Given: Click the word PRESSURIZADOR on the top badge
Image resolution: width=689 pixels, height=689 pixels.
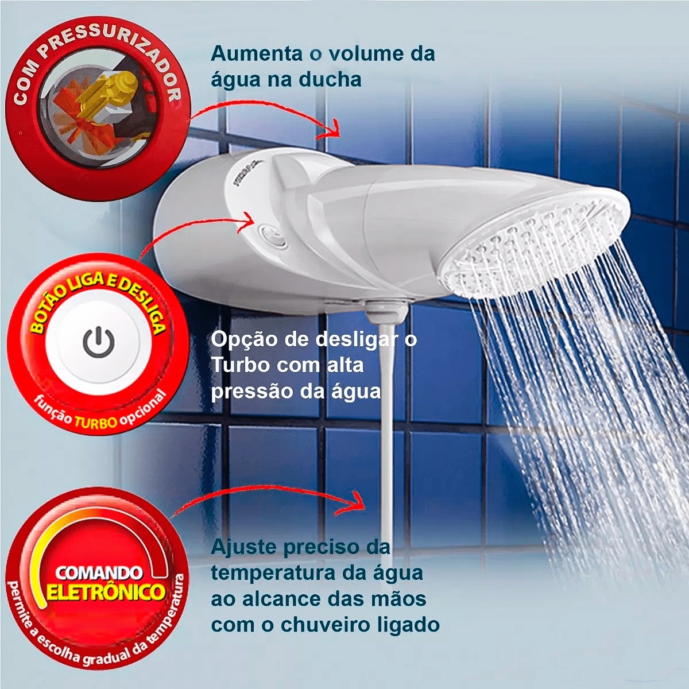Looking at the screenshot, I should [x=123, y=49].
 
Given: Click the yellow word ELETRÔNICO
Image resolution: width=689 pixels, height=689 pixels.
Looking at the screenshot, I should [x=106, y=591].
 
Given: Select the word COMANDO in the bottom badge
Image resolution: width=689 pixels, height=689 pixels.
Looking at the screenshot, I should [x=99, y=572].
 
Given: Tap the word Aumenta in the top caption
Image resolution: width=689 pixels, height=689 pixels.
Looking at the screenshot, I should [x=256, y=54].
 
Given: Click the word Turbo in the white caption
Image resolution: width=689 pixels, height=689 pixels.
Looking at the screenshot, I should [x=239, y=365].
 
